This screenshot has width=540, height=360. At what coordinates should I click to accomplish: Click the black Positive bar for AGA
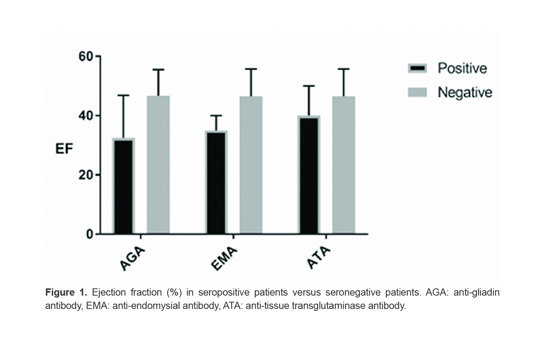coord(123,187)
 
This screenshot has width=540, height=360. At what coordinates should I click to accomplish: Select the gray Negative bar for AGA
coord(158,165)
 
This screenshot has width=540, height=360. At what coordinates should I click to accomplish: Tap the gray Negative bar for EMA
coord(251,165)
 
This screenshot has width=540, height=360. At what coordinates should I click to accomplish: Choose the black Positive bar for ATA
coord(309,175)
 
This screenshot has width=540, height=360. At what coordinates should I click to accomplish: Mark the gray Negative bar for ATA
coord(343,165)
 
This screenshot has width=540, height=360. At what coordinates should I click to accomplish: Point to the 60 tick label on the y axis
coord(86,56)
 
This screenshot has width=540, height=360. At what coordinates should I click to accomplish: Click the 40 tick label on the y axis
coord(86,116)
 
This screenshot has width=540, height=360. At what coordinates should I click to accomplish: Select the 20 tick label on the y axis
coord(86,175)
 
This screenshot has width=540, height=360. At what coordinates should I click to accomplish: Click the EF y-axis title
coord(64,149)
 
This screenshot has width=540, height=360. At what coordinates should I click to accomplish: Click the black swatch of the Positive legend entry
coord(417,68)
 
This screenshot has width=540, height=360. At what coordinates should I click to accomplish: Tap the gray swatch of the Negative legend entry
coord(417,92)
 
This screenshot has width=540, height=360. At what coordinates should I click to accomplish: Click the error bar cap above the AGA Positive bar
coord(123,95)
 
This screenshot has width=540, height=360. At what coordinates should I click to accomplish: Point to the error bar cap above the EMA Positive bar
coord(216,115)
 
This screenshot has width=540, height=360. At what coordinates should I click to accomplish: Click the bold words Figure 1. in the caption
coord(66,293)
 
